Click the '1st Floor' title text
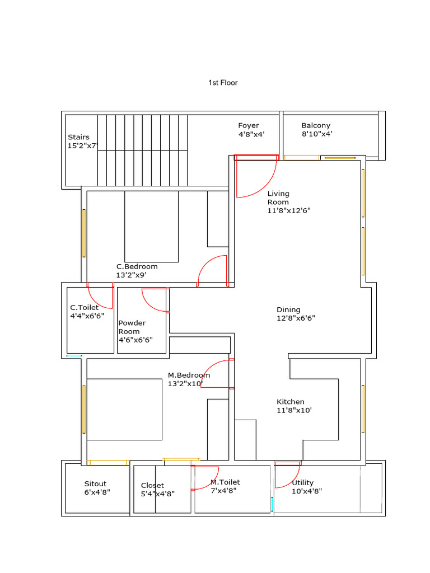coord(223,83)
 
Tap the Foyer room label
coord(249,126)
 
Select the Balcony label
coord(316,126)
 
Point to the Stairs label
coord(78,137)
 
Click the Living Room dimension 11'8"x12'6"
coord(289,211)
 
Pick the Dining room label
coord(288,310)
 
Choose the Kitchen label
coord(291,402)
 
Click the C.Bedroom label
coord(137,267)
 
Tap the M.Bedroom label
coord(189,375)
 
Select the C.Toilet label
coord(84,308)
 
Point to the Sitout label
coord(95,484)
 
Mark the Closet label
coord(152,486)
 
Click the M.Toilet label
coord(225,482)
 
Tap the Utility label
coord(303,483)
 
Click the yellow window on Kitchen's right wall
coord(363,408)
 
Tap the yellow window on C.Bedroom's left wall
coord(85,233)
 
